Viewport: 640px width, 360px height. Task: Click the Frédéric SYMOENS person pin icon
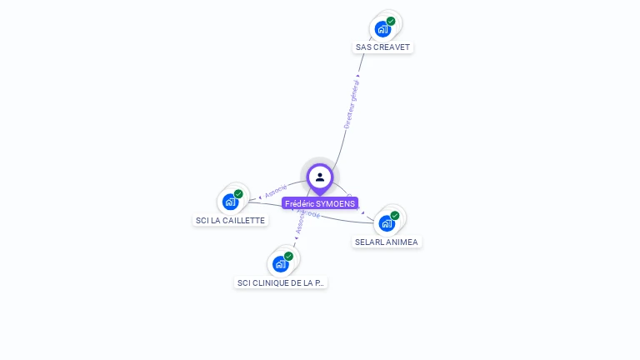[x=320, y=177]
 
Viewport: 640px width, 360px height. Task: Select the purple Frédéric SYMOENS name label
[x=320, y=203]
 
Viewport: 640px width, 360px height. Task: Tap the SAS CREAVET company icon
[x=382, y=29]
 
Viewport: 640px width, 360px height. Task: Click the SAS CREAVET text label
[x=383, y=47]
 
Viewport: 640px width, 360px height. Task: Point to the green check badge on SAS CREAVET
[x=391, y=22]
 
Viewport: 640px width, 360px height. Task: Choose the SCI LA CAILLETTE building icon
[x=230, y=202]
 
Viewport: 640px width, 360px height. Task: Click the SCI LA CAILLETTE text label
[x=230, y=221]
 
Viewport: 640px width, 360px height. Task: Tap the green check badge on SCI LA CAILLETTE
[x=238, y=194]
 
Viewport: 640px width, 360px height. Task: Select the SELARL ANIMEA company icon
[x=387, y=223]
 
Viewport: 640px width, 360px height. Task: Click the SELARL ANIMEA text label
[x=387, y=242]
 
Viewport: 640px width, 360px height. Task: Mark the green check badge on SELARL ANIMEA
[x=395, y=216]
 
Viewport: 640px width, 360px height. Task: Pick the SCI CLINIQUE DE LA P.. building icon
[x=281, y=264]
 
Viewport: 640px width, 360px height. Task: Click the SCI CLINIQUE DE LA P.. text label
[x=281, y=283]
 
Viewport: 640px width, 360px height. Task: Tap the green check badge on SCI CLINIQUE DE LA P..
[x=289, y=257]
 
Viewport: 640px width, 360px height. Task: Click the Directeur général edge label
[x=352, y=104]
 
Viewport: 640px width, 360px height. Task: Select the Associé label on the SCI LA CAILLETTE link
[x=276, y=191]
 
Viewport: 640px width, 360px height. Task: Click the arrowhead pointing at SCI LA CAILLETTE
[x=260, y=197]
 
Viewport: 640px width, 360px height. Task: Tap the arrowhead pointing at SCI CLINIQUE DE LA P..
[x=295, y=246]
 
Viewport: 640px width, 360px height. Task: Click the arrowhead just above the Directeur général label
[x=358, y=76]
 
